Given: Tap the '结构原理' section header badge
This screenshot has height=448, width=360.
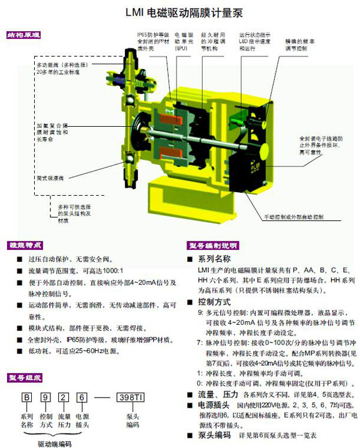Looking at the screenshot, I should coord(23,35).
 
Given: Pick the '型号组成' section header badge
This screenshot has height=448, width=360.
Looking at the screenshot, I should coord(25,377).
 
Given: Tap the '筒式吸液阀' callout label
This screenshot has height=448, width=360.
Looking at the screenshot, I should coord(50,178).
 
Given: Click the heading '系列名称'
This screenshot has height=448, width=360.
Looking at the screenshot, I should coord(214,259).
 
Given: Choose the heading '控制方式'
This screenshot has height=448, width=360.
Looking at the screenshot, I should coord(214,301).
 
